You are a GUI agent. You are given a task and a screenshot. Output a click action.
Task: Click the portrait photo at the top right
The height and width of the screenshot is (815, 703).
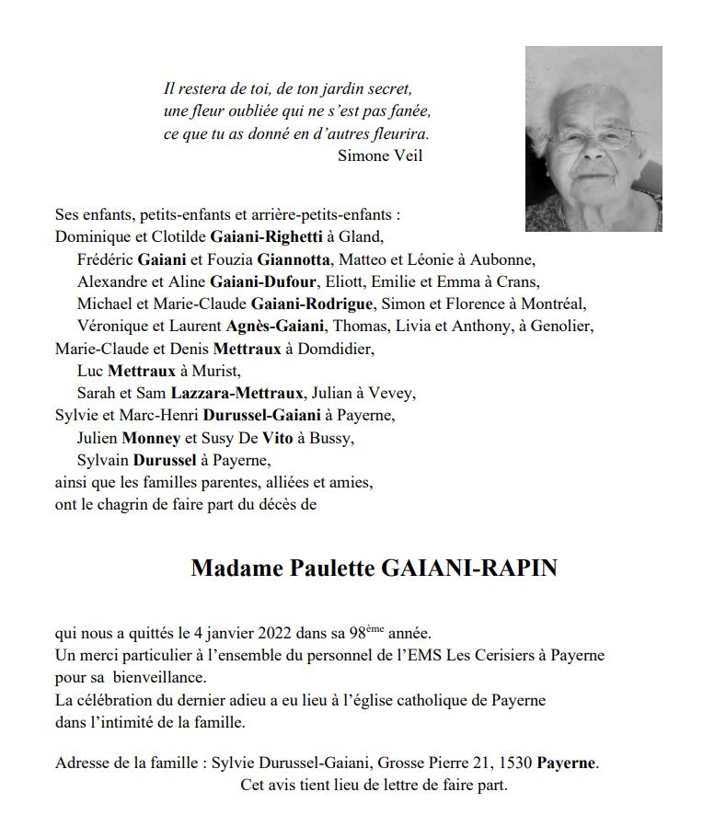click(594, 139)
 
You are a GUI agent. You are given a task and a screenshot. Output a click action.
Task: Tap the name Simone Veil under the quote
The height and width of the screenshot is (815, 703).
click(380, 156)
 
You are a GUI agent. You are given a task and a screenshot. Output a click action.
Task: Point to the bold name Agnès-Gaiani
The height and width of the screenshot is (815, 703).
click(274, 326)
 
